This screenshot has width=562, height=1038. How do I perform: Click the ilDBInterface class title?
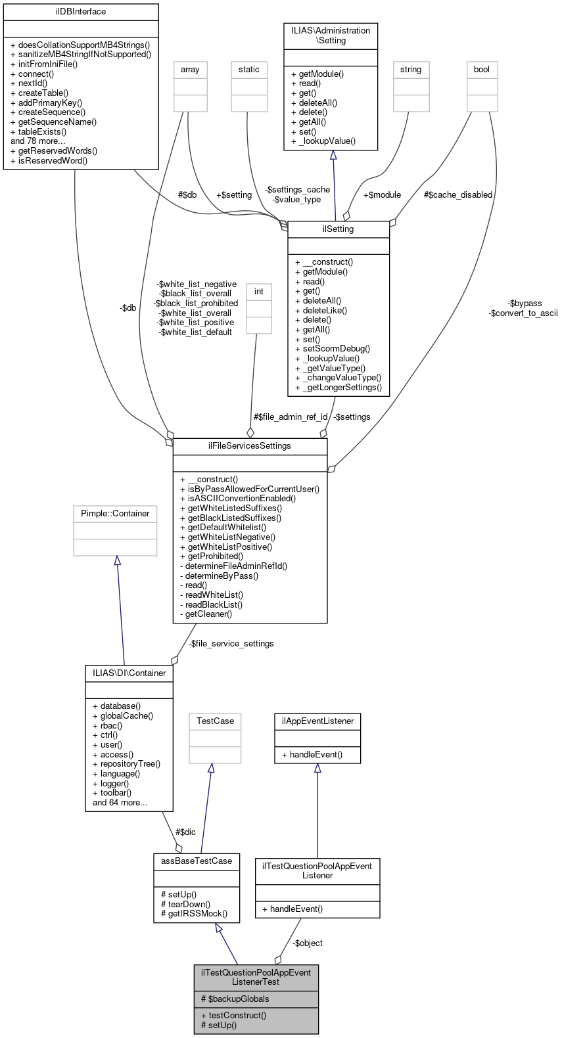pos(81,11)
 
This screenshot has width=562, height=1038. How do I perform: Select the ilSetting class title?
pos(339,229)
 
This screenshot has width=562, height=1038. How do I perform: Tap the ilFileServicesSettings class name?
pos(250,445)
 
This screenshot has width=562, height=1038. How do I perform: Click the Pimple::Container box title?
pos(115,513)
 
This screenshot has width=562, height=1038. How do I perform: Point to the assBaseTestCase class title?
pos(197,861)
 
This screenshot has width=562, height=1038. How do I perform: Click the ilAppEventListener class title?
pos(317,721)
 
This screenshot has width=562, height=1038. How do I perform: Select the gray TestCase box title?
pos(215,721)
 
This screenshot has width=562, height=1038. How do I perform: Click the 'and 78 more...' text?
pos(38,141)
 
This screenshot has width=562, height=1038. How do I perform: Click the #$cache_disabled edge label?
pos(458,194)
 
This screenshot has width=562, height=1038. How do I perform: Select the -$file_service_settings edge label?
pos(231,643)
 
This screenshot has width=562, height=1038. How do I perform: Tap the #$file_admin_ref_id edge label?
pos(291,417)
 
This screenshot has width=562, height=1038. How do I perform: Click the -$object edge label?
pos(308,943)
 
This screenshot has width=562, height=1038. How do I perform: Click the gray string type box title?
pos(411,69)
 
